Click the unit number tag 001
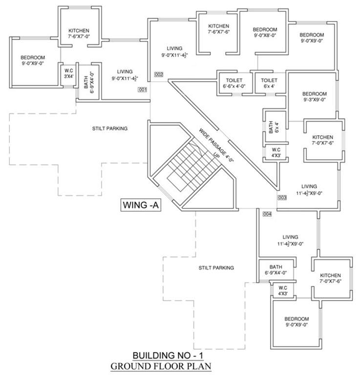coord(143,90)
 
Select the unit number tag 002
coord(158,75)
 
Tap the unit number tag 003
coord(281,198)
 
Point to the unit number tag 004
coord(267,214)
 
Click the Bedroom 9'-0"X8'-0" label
coord(265,33)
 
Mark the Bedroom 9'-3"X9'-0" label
coord(314,97)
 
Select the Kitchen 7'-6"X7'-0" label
coord(82,34)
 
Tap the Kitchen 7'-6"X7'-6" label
coord(218,29)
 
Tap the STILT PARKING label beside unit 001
coord(110,128)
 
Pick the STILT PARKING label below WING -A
coord(216,268)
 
